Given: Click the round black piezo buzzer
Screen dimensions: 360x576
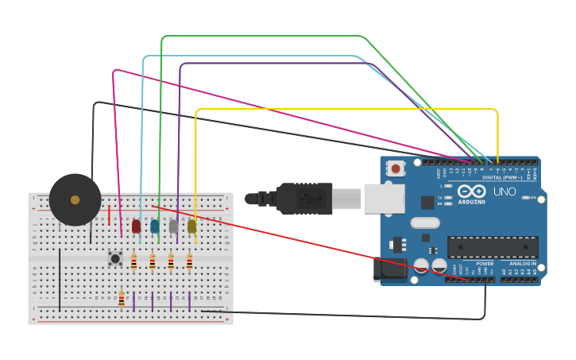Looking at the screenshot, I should [75, 199].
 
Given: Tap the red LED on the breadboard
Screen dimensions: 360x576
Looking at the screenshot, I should [136, 226].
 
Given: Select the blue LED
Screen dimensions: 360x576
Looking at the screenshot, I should [154, 226].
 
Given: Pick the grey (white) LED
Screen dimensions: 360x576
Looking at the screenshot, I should [173, 226].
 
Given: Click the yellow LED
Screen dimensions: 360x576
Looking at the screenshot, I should [191, 226].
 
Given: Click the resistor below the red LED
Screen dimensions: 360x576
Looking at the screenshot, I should [133, 261].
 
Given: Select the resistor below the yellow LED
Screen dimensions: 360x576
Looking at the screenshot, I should [189, 261].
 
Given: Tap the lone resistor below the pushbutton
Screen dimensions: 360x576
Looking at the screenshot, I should [121, 299].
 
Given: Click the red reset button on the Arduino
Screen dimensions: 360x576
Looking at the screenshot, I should [395, 168].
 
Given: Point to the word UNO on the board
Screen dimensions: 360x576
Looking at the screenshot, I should [504, 192].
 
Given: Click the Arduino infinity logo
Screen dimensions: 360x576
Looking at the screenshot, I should [472, 191].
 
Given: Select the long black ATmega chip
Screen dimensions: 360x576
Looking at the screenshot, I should [492, 247].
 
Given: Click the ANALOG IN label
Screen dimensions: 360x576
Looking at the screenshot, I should [522, 263].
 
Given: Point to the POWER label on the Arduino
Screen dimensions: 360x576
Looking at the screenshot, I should [484, 263].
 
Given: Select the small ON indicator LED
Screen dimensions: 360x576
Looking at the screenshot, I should [524, 198].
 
